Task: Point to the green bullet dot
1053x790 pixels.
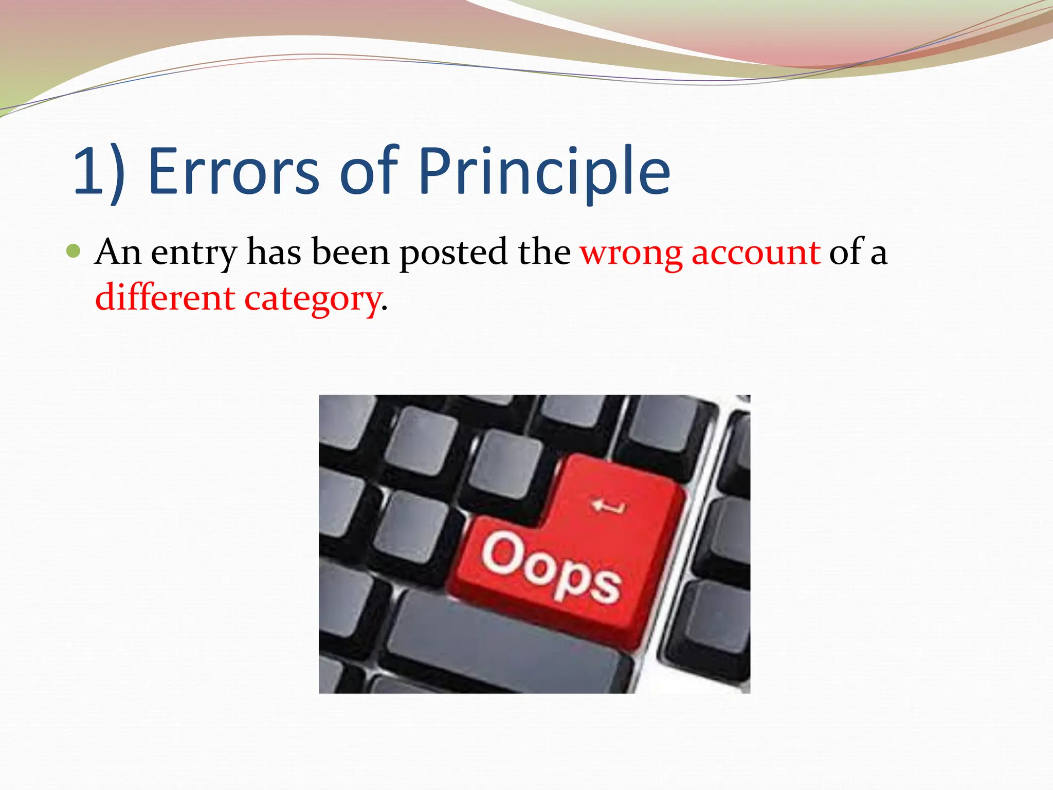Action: pyautogui.click(x=74, y=251)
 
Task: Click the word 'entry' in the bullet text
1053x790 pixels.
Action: pyautogui.click(x=194, y=253)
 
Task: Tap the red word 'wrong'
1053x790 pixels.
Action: pyautogui.click(x=631, y=253)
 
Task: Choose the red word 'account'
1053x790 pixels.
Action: pyautogui.click(x=756, y=253)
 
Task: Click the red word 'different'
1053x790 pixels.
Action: pyautogui.click(x=165, y=298)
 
